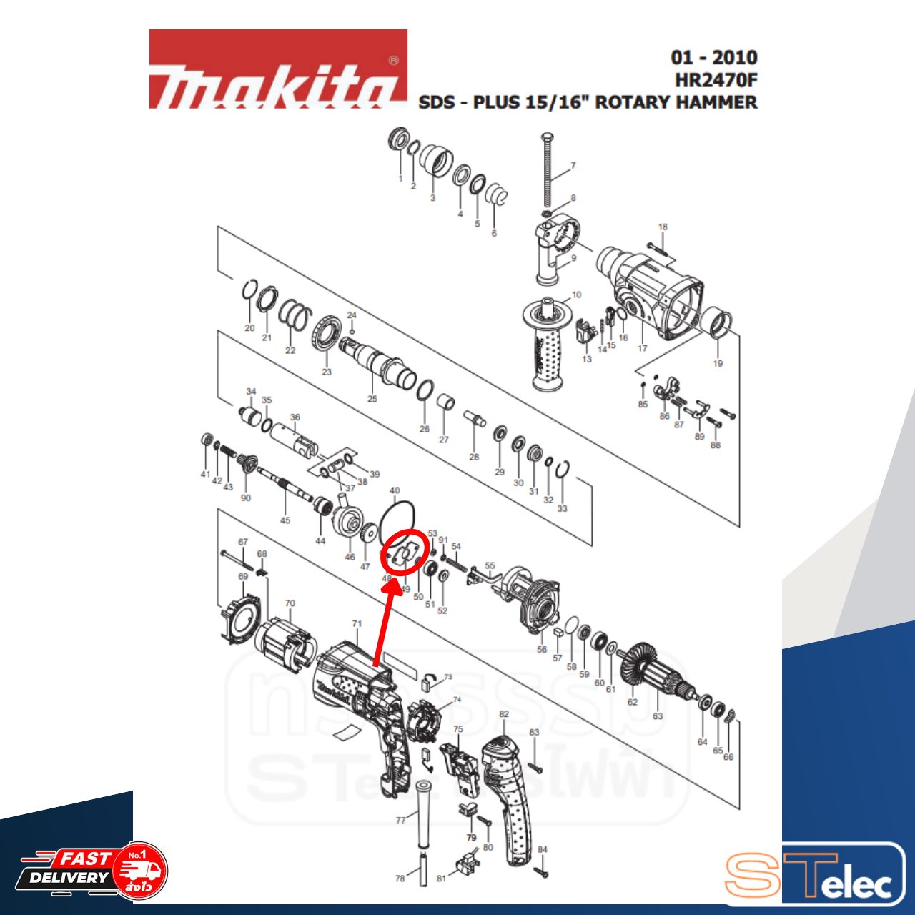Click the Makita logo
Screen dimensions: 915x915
pyautogui.click(x=277, y=70)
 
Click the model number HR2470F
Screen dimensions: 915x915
pyautogui.click(x=716, y=80)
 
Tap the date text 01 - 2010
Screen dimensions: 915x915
pyautogui.click(x=713, y=57)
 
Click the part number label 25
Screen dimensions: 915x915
pyautogui.click(x=372, y=399)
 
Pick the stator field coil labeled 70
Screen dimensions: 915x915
pyautogui.click(x=286, y=643)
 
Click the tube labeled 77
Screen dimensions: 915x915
pyautogui.click(x=423, y=815)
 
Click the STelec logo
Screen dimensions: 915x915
pyautogui.click(x=815, y=876)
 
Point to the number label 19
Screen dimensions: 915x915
pyautogui.click(x=718, y=363)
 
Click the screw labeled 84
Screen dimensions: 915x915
pyautogui.click(x=541, y=871)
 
